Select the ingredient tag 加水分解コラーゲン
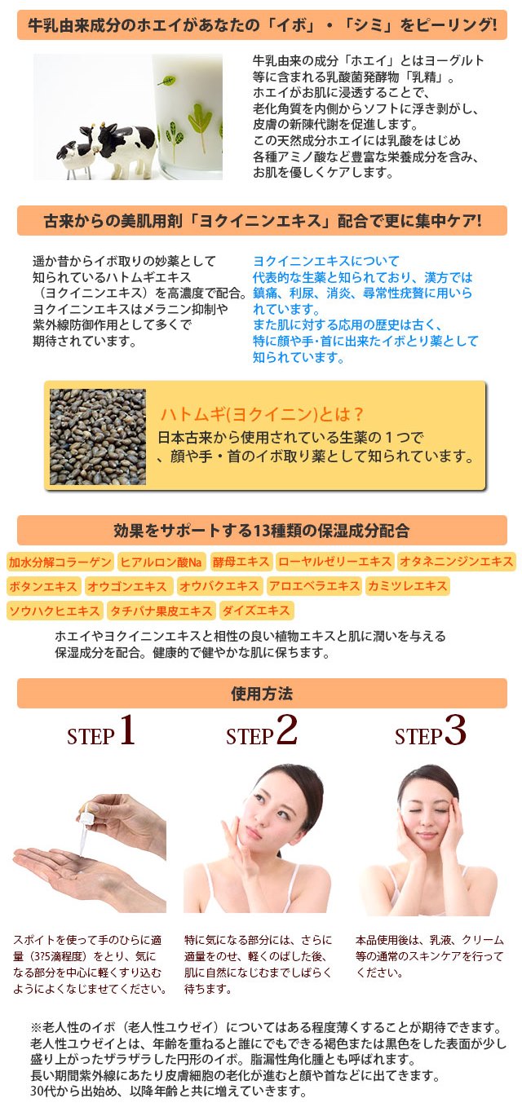(x=60, y=562)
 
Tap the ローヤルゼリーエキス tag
(x=334, y=562)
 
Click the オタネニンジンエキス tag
(x=456, y=562)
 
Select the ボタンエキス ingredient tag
(x=43, y=586)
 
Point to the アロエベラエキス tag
(x=314, y=586)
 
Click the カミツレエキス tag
(x=407, y=586)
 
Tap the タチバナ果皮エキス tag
(x=161, y=611)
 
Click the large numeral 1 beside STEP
(x=126, y=731)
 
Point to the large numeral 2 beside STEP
(x=286, y=731)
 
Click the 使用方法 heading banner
(x=262, y=694)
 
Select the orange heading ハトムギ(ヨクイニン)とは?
(x=262, y=413)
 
